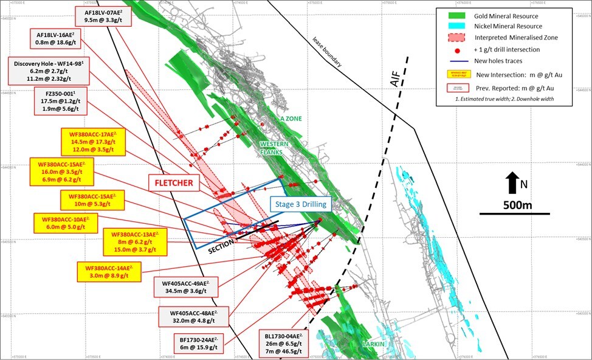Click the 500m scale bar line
[x=514, y=213]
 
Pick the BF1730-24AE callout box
[x=195, y=342]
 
